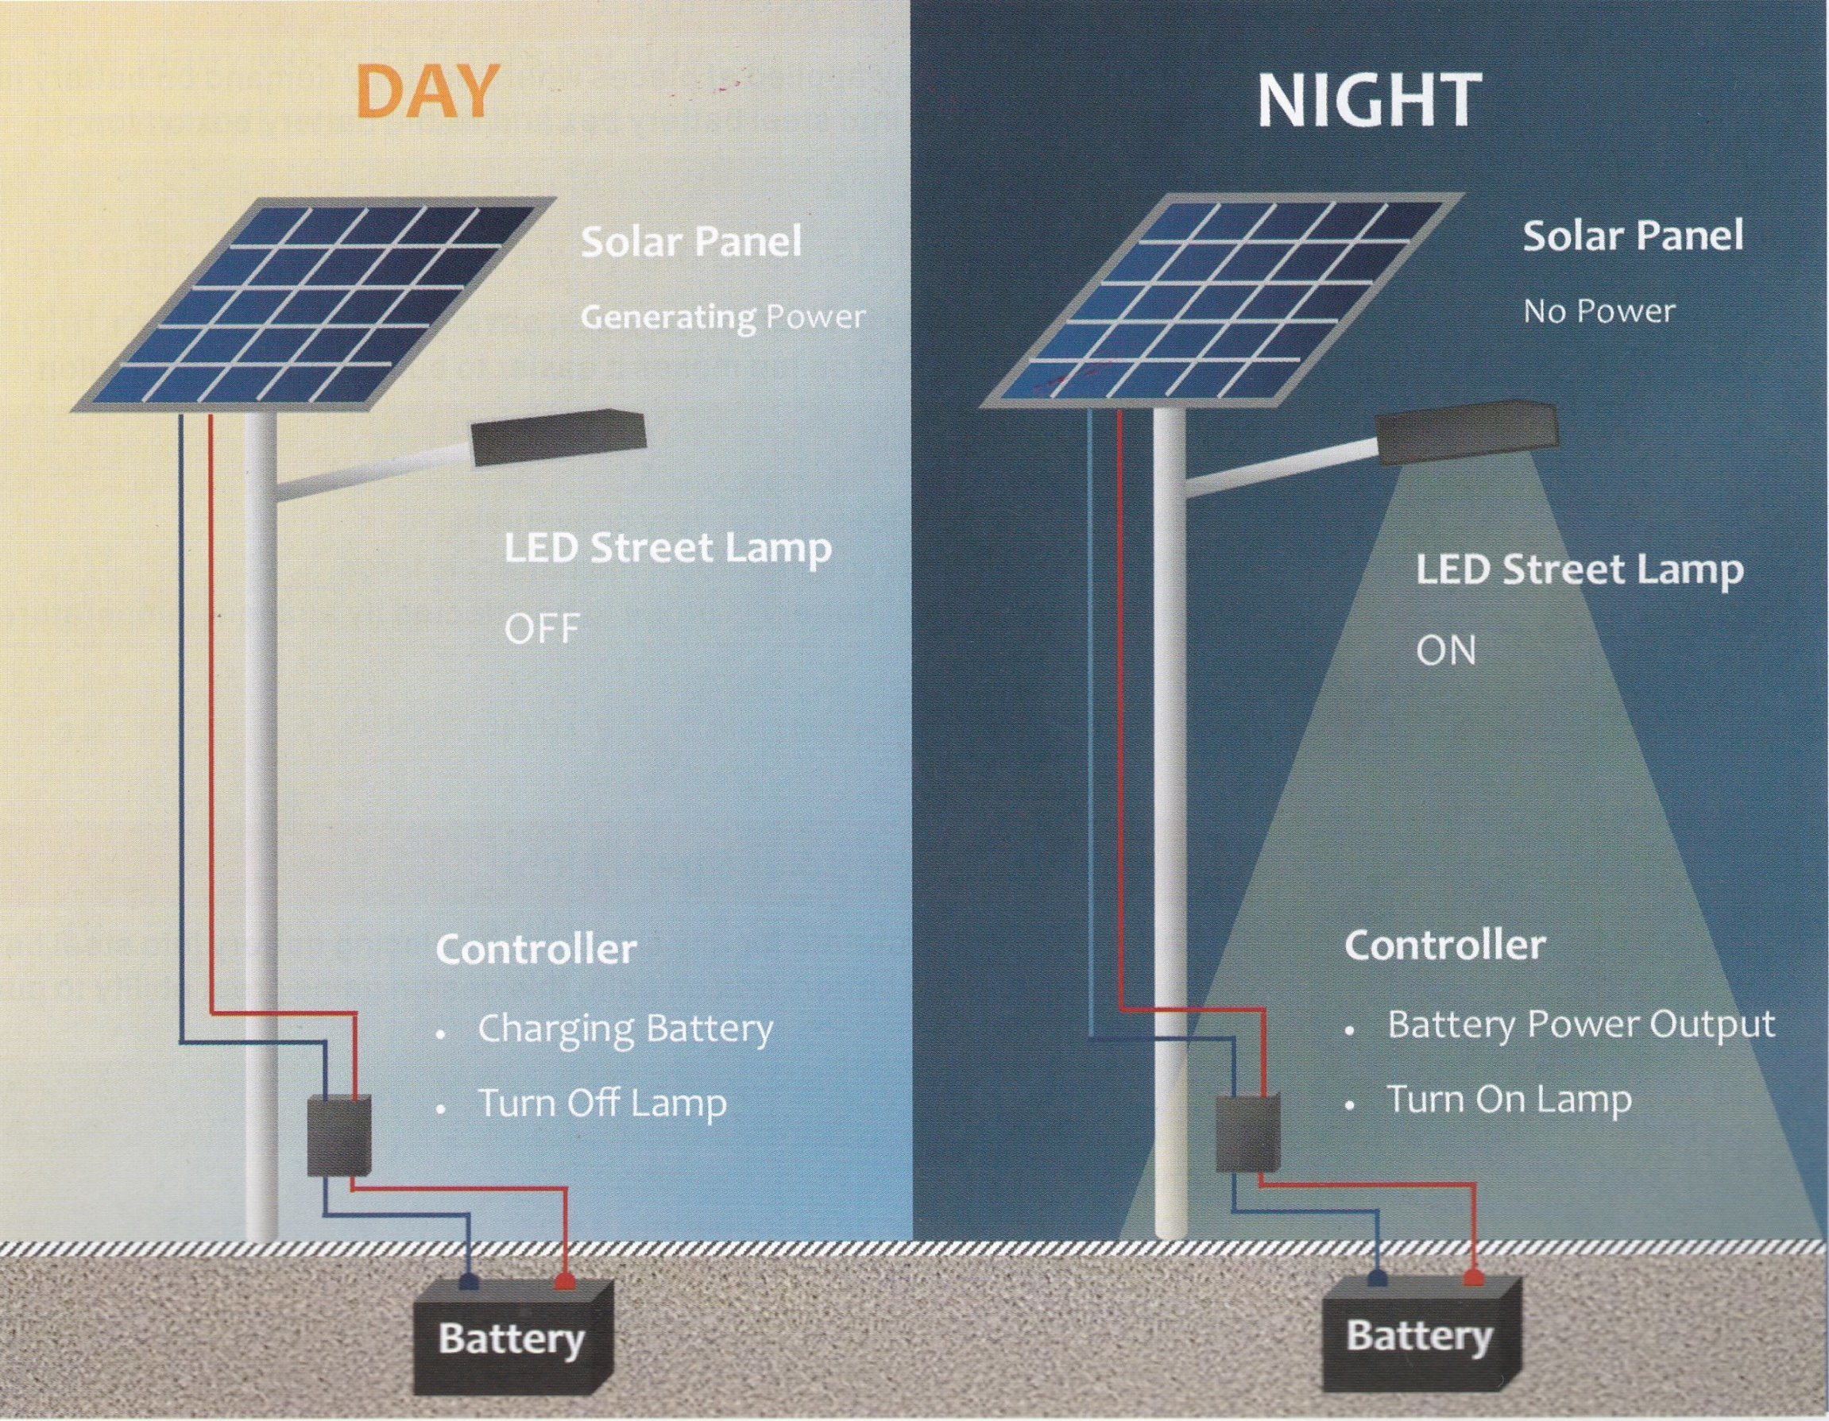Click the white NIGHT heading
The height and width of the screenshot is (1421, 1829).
click(x=1369, y=102)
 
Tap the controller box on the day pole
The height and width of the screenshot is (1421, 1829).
click(x=338, y=1137)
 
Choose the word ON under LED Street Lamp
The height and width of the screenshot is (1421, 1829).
click(x=1445, y=651)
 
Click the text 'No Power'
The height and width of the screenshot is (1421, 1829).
click(x=1599, y=311)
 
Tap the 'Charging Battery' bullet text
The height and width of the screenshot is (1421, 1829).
click(x=624, y=1030)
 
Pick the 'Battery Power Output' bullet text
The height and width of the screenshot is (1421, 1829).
click(x=1581, y=1025)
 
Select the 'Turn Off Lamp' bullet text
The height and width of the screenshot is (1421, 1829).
click(x=602, y=1102)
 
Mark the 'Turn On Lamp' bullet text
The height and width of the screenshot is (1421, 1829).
click(x=1510, y=1099)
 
